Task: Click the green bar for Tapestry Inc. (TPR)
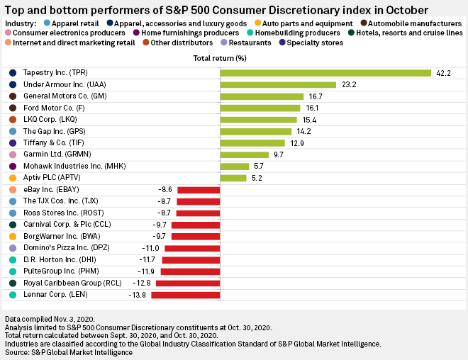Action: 325,73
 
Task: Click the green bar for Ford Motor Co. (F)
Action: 260,108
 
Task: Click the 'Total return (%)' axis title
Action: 220,57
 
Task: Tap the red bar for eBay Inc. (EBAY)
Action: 198,190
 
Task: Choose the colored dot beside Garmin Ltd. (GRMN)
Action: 13,154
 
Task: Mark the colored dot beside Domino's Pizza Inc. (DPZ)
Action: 13,248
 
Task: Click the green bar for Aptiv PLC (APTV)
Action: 233,178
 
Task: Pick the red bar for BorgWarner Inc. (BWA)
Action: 196,237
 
